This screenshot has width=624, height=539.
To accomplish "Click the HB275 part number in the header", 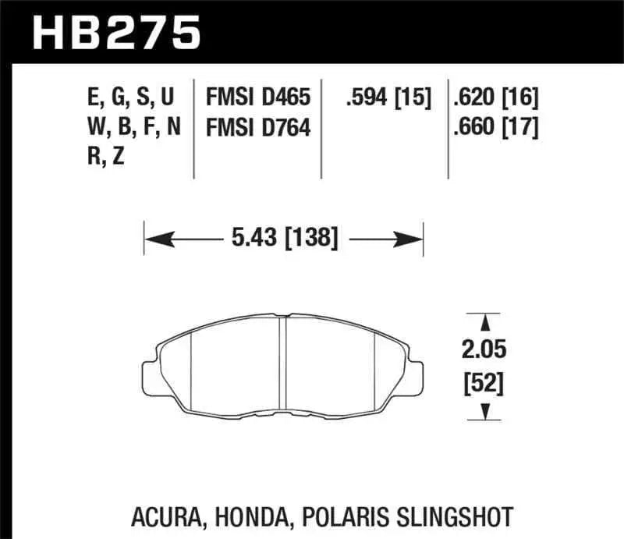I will (x=115, y=33).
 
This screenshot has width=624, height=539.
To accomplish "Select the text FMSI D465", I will (x=258, y=98).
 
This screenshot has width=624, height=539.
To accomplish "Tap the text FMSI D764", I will (x=258, y=127).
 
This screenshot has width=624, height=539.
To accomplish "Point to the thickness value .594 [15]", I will (x=388, y=98).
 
